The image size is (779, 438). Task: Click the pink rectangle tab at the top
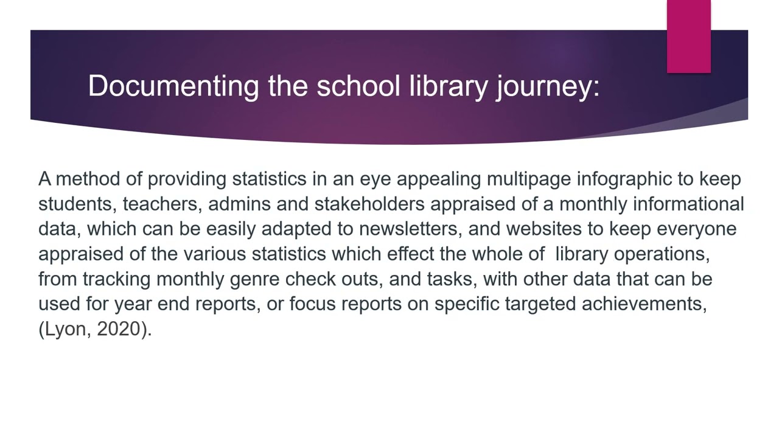pyautogui.click(x=688, y=36)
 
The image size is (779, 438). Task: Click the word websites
pyautogui.click(x=543, y=229)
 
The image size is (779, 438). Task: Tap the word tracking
pyautogui.click(x=117, y=279)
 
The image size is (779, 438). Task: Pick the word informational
pyautogui.click(x=688, y=204)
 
